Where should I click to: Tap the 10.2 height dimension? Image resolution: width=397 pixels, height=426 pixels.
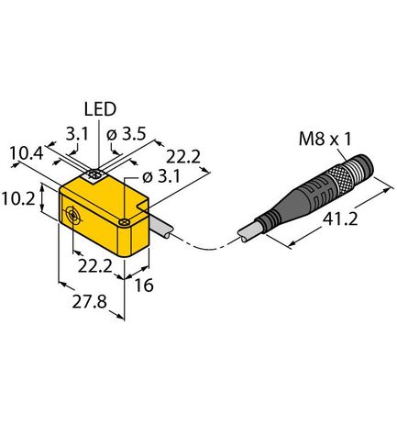pos(20,198)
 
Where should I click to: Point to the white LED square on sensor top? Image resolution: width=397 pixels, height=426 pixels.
pos(94,174)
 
